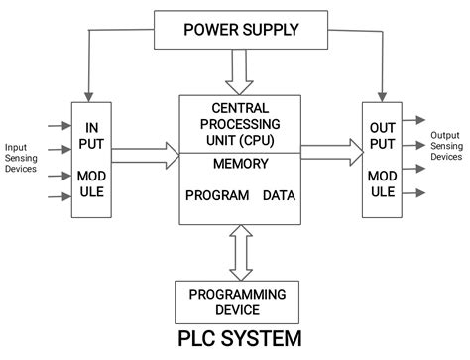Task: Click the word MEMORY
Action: point(240,164)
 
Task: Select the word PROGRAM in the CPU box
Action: point(216,195)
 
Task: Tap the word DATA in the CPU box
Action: point(279,195)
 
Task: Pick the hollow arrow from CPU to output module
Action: point(329,151)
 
